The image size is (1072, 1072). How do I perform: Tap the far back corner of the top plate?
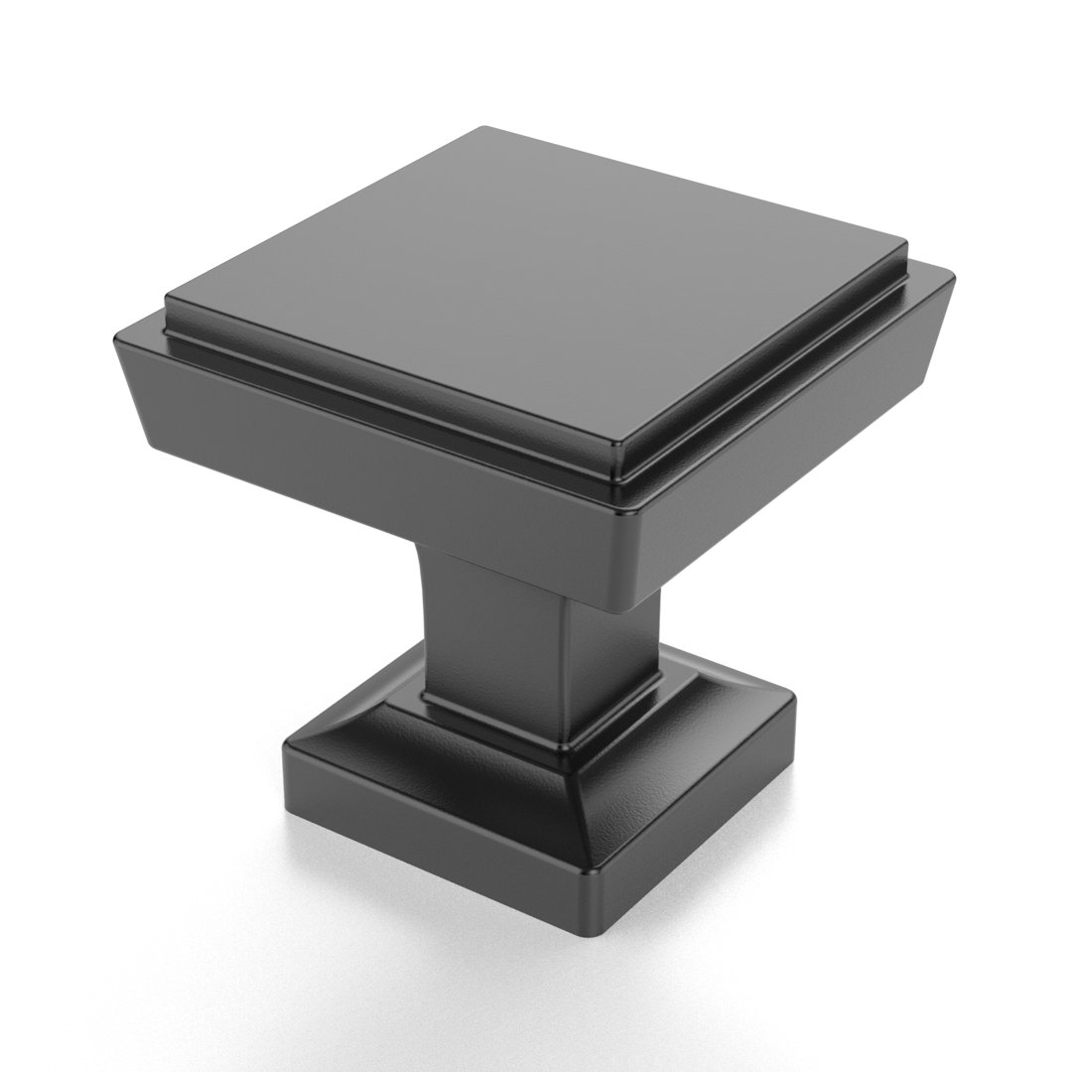coord(484,128)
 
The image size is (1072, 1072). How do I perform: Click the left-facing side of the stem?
coord(496,635)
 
